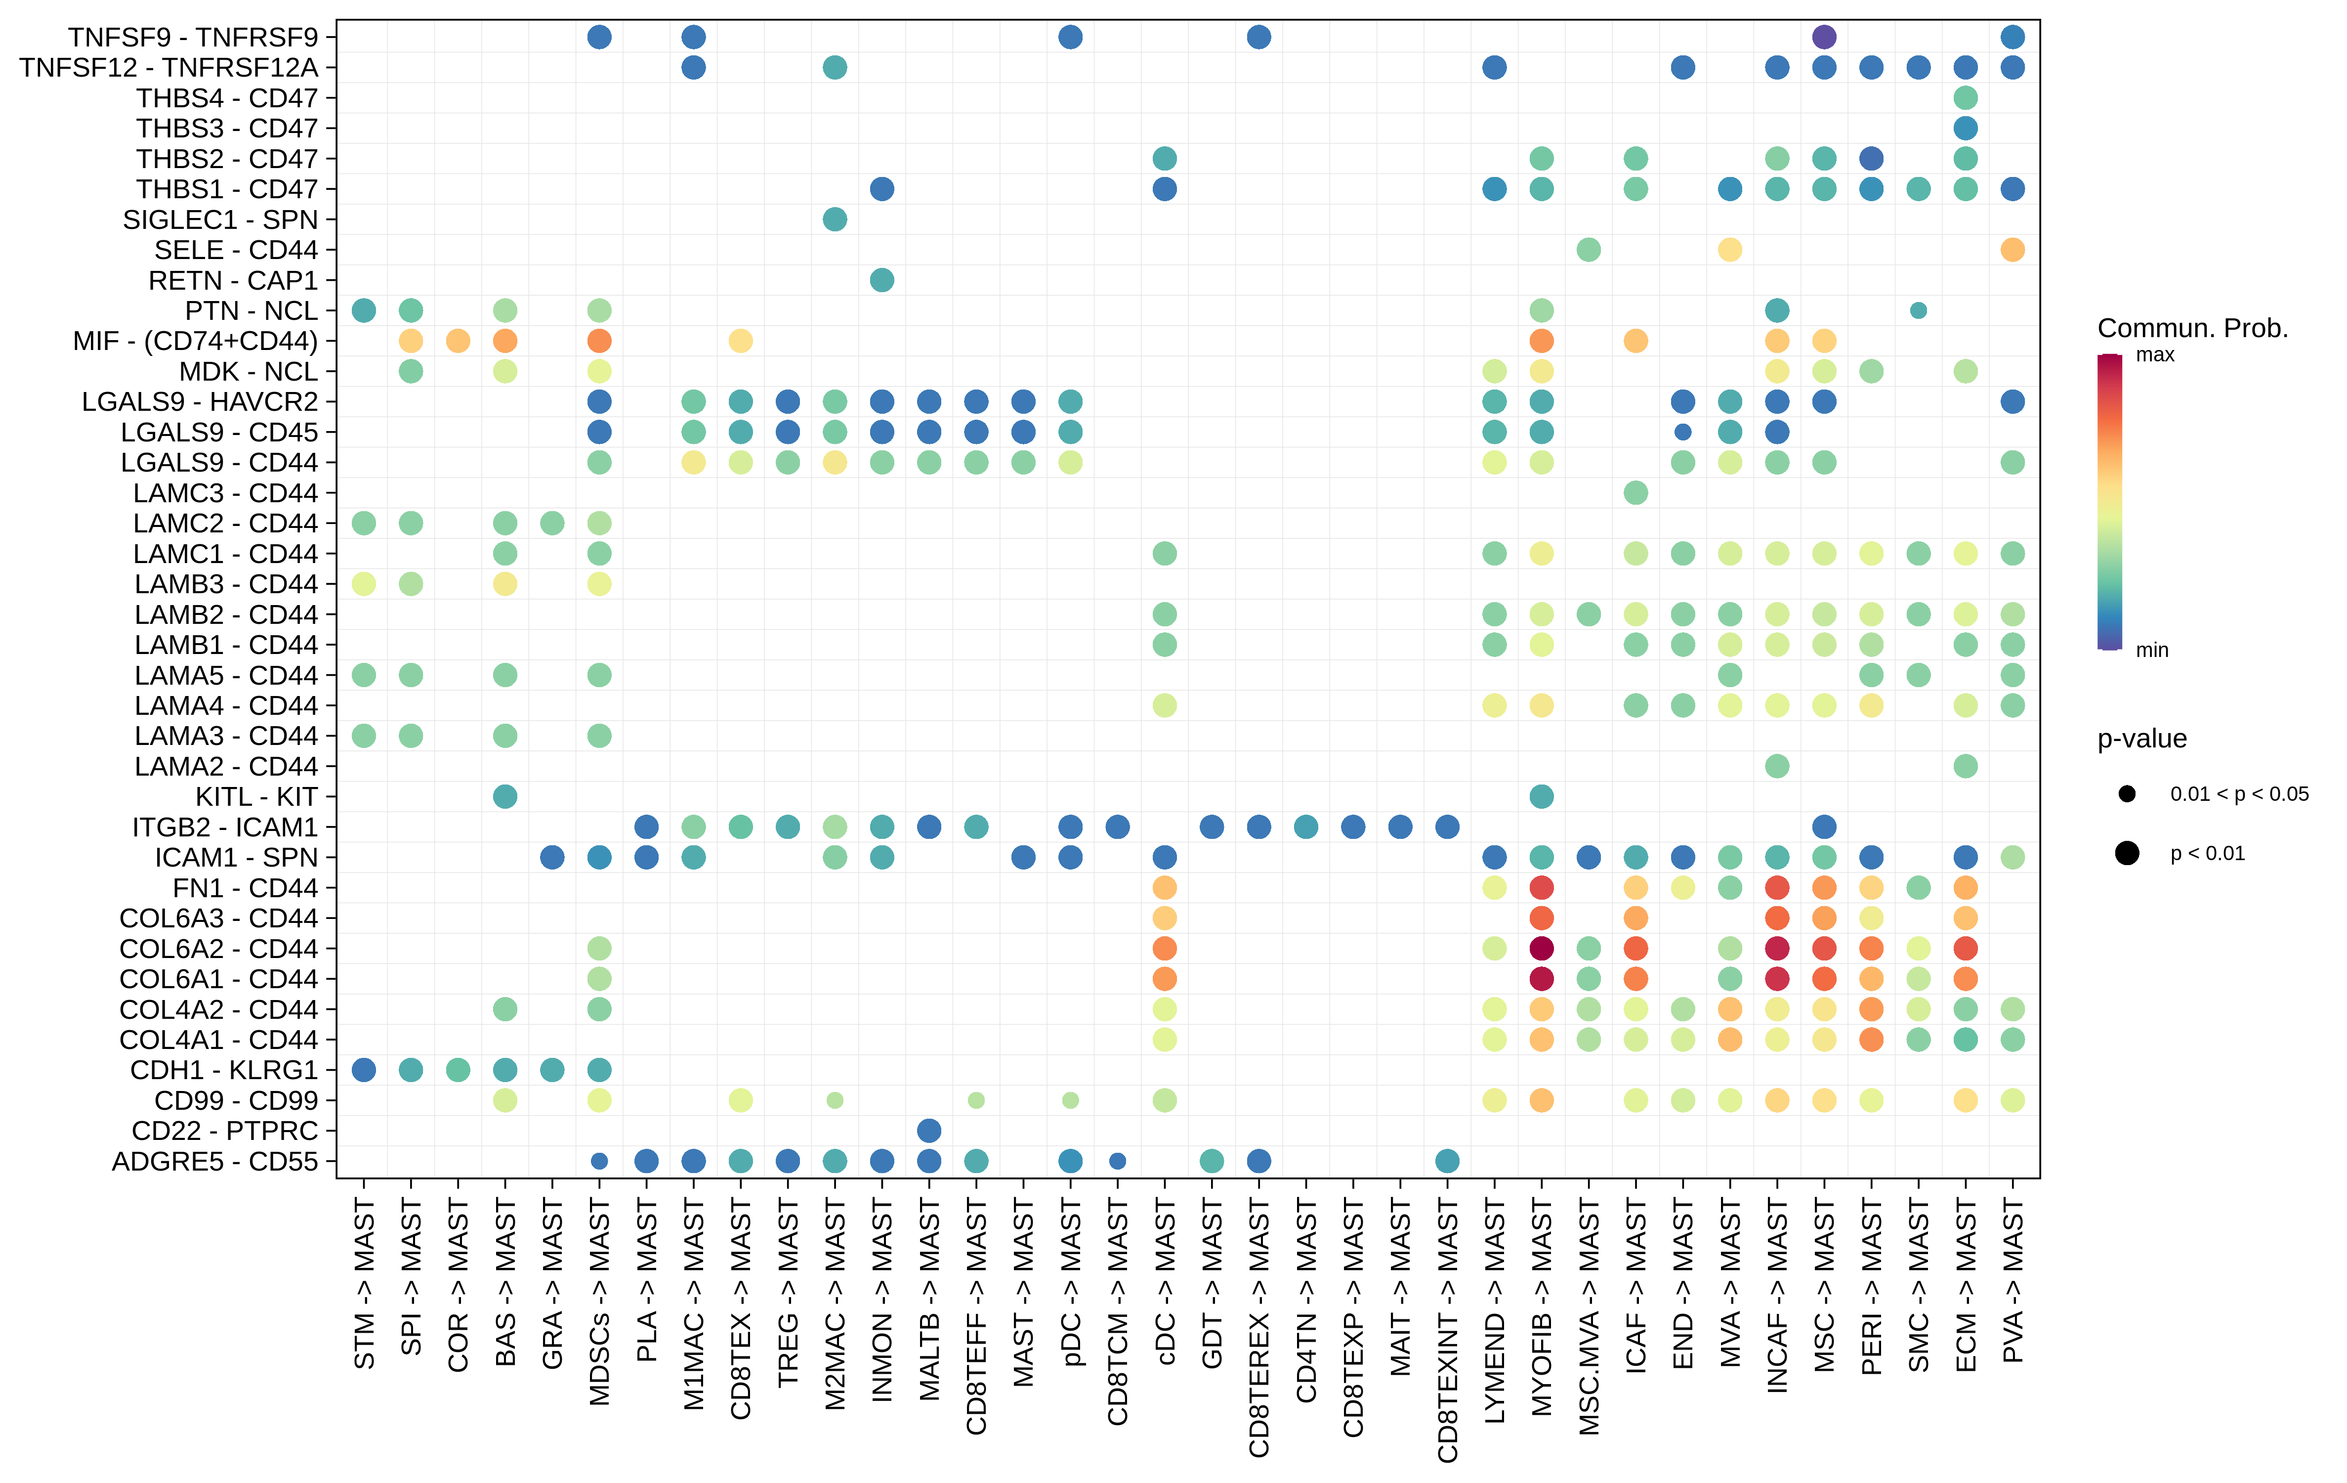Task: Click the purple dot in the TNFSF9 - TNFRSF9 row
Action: click(1824, 37)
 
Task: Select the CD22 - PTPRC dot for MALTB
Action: click(929, 1130)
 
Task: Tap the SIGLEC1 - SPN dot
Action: click(835, 219)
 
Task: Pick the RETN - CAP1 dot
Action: click(881, 280)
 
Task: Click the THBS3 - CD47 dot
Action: click(1965, 128)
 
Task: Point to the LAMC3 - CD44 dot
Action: click(1635, 492)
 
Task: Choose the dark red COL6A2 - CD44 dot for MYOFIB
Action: click(1541, 948)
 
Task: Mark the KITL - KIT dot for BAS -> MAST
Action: click(505, 796)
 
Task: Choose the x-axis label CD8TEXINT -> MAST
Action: click(1447, 1331)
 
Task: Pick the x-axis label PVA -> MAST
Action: click(2012, 1281)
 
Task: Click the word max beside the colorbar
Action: click(2155, 355)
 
